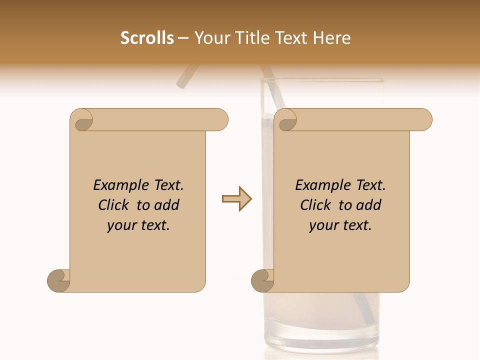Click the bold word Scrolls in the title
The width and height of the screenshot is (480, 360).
pyautogui.click(x=147, y=38)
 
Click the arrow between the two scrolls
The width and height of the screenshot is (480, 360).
pyautogui.click(x=236, y=199)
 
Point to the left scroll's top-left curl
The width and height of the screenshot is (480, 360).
pyautogui.click(x=82, y=120)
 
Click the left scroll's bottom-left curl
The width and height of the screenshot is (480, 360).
pyautogui.click(x=59, y=280)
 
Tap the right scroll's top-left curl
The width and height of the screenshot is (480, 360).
pyautogui.click(x=286, y=120)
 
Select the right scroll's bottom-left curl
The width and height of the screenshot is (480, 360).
pyautogui.click(x=263, y=280)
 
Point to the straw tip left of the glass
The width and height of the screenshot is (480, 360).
pyautogui.click(x=183, y=80)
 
